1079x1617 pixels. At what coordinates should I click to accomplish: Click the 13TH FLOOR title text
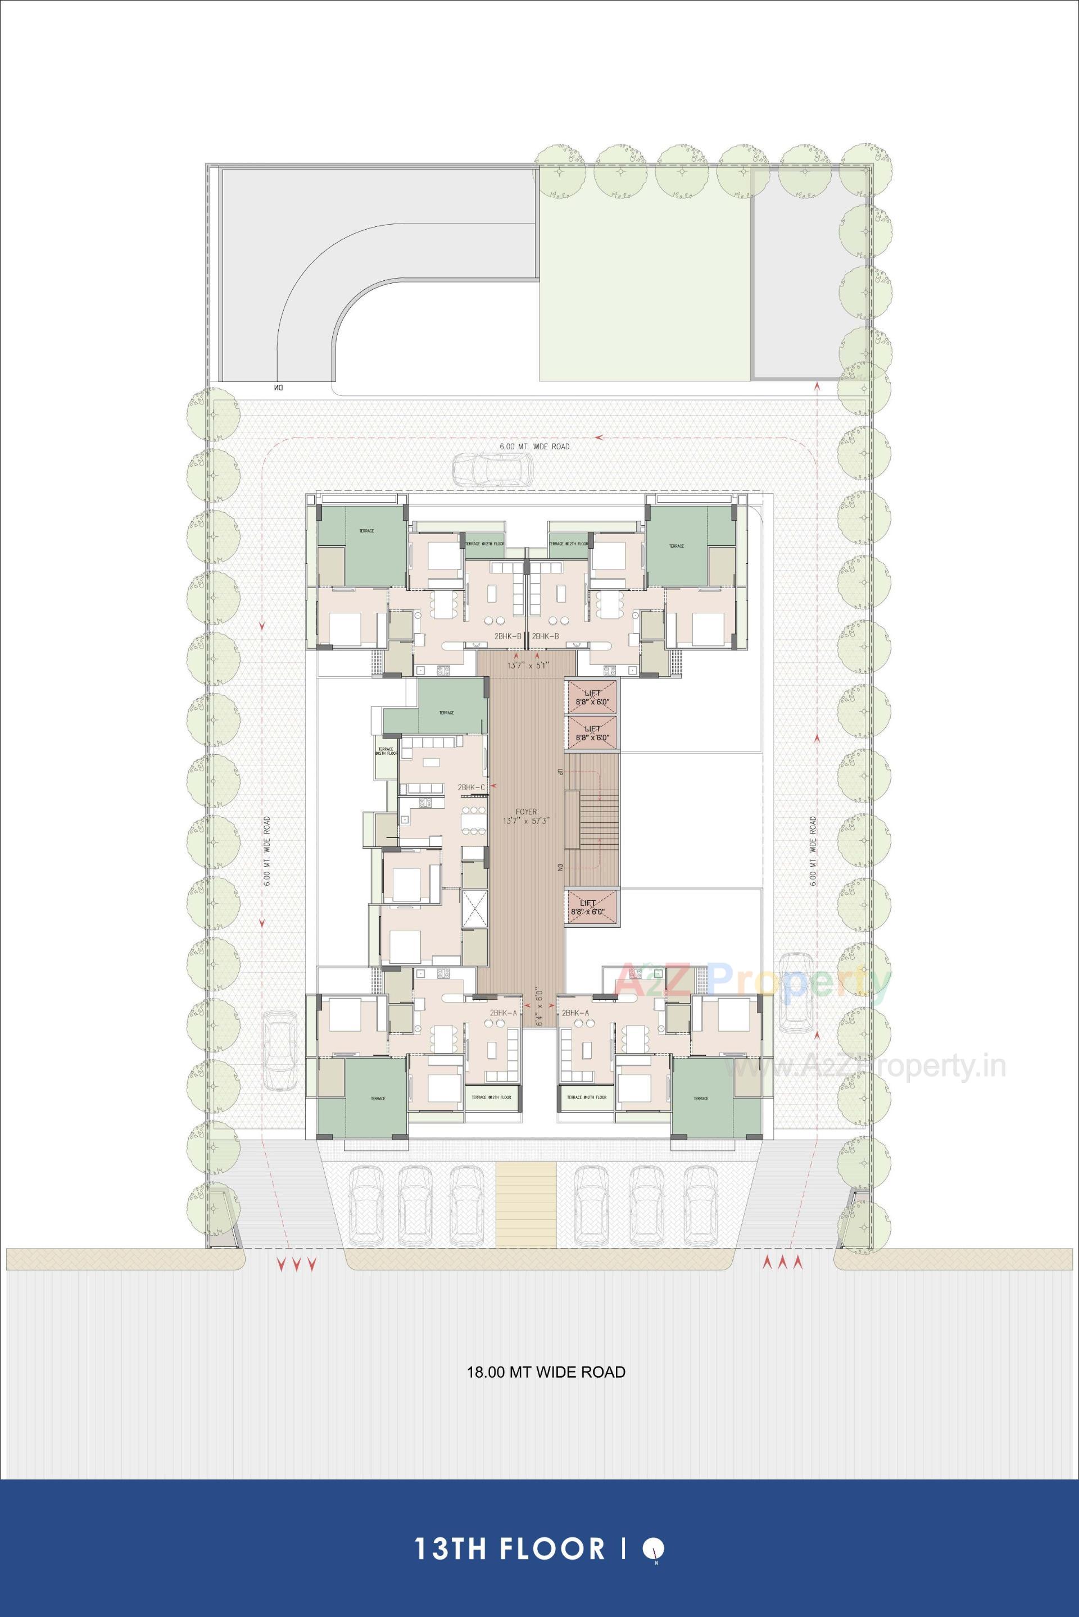(x=509, y=1543)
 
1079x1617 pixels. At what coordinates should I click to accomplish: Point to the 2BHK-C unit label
(x=472, y=786)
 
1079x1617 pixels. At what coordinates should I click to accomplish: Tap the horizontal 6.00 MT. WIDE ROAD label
(x=534, y=447)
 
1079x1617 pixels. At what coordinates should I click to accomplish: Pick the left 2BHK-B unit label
(x=506, y=636)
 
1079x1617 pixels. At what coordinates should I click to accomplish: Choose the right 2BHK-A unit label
(x=575, y=1013)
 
